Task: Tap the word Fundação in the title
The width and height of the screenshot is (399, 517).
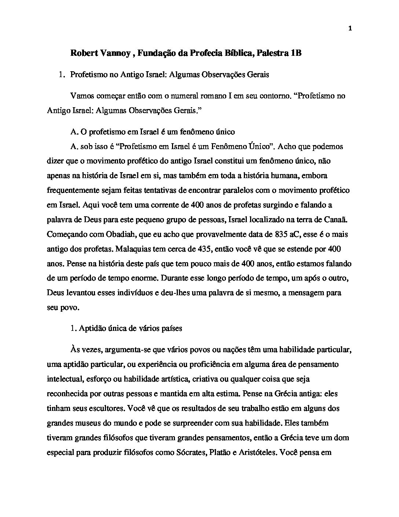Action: [157, 54]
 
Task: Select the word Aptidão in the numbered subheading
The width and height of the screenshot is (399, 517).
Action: [91, 328]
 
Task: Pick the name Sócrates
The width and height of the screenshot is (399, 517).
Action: [190, 452]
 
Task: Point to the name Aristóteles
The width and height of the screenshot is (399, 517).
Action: [257, 452]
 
